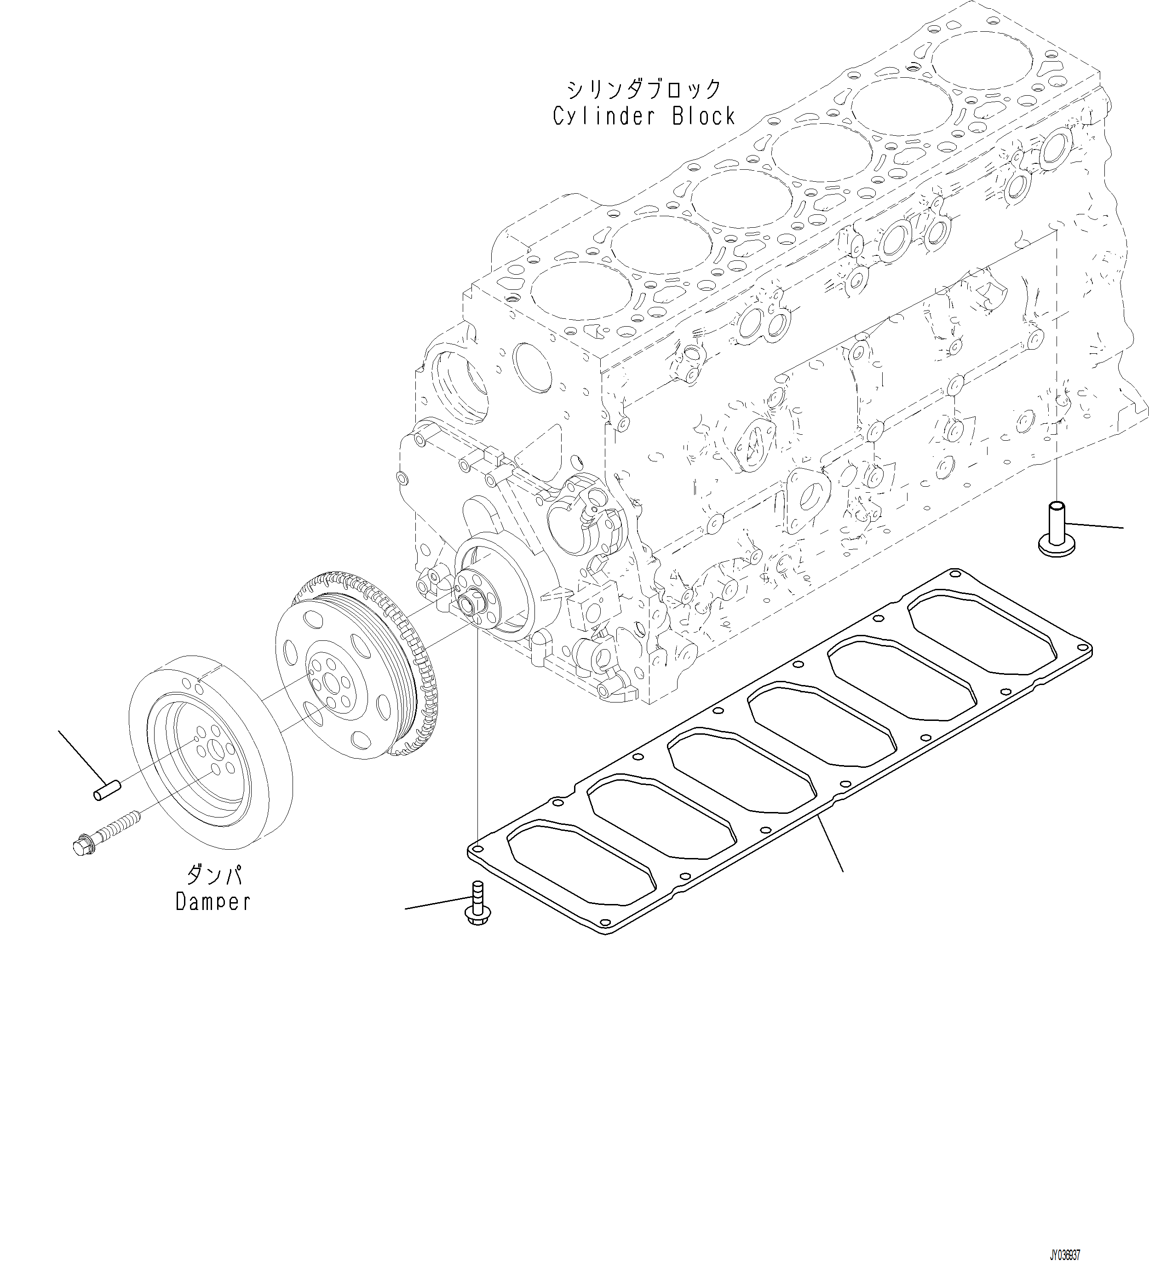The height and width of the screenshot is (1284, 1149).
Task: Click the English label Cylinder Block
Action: tap(644, 117)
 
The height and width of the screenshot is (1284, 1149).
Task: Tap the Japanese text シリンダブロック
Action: tap(644, 90)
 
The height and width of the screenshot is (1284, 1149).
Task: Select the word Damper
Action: tap(213, 902)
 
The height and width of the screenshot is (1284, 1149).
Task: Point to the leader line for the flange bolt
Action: tap(436, 904)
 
